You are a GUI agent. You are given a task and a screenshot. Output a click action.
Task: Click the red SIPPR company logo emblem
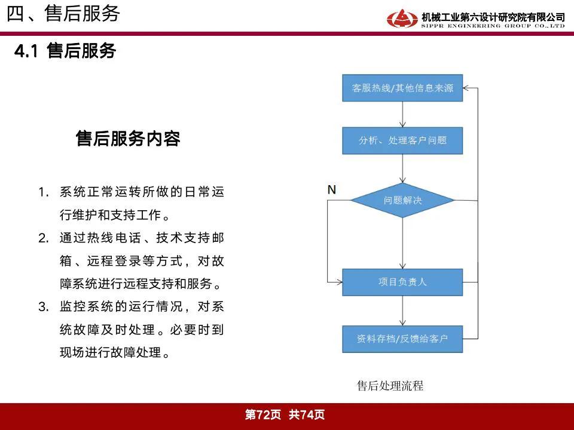(x=402, y=19)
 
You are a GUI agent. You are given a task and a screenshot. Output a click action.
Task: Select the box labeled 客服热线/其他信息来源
(x=402, y=88)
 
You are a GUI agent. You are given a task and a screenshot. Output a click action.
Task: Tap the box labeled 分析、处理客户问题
(x=402, y=141)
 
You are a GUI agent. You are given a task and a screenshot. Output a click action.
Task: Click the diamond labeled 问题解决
(x=402, y=201)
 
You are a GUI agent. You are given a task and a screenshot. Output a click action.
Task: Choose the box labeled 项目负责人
(x=402, y=282)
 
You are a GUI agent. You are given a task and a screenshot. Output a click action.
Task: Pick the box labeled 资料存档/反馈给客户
(x=402, y=339)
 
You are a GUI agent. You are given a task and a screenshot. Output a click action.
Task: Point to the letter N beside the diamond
(x=332, y=190)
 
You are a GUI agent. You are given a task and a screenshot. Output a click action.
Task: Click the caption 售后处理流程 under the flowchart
(x=390, y=386)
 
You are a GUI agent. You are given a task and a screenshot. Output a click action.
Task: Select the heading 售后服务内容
(x=128, y=139)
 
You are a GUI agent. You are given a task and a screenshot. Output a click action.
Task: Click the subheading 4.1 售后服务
(x=65, y=50)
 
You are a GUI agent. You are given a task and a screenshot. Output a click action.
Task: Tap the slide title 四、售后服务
(x=63, y=14)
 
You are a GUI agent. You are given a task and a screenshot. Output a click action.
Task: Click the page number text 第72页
(x=263, y=414)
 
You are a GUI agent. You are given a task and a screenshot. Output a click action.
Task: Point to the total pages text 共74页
(x=307, y=414)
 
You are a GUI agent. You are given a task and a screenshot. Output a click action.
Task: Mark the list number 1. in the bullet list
(x=44, y=192)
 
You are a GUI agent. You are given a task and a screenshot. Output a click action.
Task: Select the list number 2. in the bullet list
(x=44, y=238)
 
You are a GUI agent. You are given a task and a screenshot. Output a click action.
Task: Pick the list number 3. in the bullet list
(x=44, y=306)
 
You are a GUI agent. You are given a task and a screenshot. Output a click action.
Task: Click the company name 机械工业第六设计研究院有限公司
(x=493, y=17)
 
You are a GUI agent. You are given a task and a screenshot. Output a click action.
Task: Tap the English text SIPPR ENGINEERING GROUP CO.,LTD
(x=493, y=26)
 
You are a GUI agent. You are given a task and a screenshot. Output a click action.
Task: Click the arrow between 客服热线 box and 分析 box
(x=402, y=115)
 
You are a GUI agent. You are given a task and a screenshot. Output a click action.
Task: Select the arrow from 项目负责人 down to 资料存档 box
(x=402, y=311)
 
